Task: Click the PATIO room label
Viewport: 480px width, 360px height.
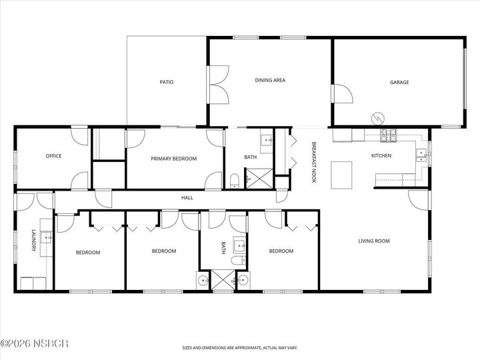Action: pyautogui.click(x=167, y=83)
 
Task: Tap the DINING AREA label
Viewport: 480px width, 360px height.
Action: pyautogui.click(x=270, y=80)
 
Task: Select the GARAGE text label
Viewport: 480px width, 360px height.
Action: pyautogui.click(x=399, y=83)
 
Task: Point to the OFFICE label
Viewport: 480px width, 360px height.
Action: pyautogui.click(x=53, y=156)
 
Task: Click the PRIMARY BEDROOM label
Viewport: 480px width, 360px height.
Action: pyautogui.click(x=173, y=159)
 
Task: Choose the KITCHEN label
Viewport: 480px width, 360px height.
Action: pyautogui.click(x=381, y=156)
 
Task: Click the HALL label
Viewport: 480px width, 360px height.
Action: pyautogui.click(x=187, y=197)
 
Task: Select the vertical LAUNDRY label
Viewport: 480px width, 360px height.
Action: pyautogui.click(x=33, y=241)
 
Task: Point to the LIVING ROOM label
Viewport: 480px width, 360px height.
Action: pyautogui.click(x=373, y=241)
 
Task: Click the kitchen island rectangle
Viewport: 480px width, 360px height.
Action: pyautogui.click(x=341, y=174)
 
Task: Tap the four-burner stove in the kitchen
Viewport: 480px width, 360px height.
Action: pyautogui.click(x=387, y=136)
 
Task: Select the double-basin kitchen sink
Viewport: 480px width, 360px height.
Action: pyautogui.click(x=421, y=155)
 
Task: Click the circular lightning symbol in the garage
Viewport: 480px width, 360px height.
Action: pyautogui.click(x=378, y=117)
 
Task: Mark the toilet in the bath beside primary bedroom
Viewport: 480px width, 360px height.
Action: pyautogui.click(x=235, y=180)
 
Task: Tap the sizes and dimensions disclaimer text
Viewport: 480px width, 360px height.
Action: pyautogui.click(x=239, y=347)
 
